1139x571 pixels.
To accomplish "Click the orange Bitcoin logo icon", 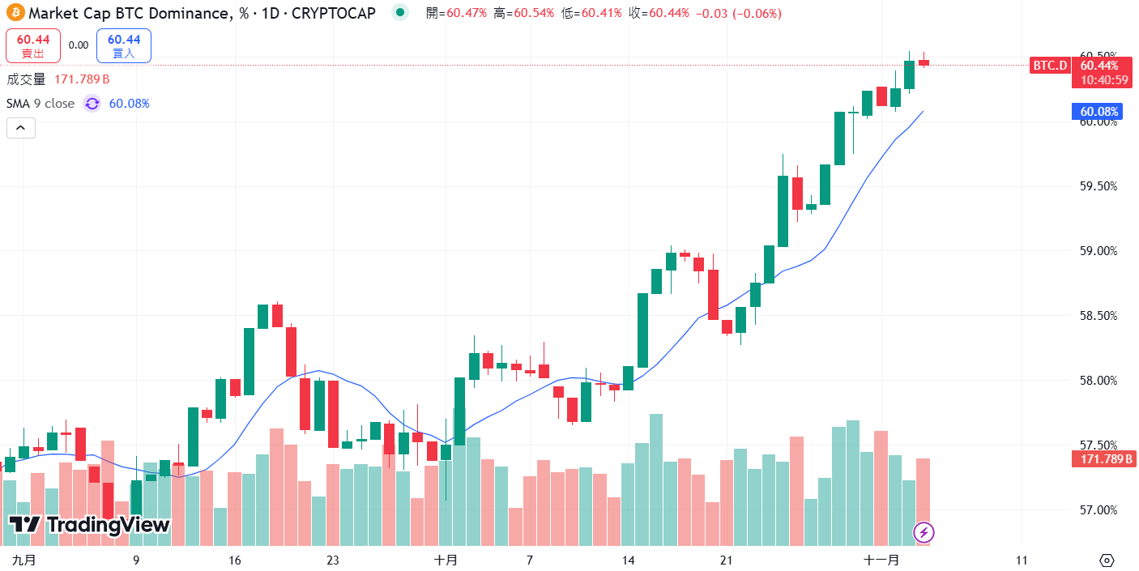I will click(15, 14).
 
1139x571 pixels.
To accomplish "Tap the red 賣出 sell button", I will click(33, 45).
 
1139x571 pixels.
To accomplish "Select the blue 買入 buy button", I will click(123, 45).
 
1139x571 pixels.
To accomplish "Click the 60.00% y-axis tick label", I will click(1098, 121).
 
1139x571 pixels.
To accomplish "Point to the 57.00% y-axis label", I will click(1098, 509).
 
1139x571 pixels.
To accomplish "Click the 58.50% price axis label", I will click(1098, 316).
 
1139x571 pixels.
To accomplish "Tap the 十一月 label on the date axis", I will click(881, 560).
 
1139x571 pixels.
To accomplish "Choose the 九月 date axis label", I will click(25, 560).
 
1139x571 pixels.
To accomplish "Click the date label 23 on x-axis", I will click(332, 560).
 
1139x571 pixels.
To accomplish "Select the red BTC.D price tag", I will click(1050, 66).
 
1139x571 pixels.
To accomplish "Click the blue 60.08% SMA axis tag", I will click(1098, 112).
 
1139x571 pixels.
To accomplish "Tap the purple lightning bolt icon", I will click(924, 532).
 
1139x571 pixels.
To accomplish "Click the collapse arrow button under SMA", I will click(21, 127).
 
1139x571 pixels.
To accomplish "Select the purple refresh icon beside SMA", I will click(92, 104).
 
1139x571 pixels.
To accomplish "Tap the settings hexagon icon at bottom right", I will click(1107, 560).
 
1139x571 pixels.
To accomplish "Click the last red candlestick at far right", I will click(924, 62).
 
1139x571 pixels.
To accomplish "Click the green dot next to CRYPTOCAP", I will click(399, 14).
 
